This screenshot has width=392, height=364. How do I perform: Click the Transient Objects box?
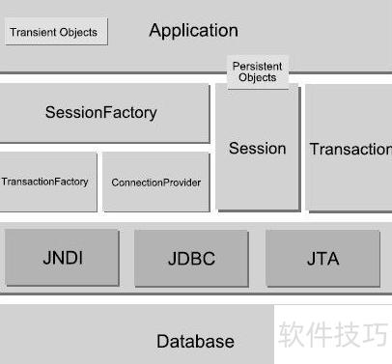coord(56,32)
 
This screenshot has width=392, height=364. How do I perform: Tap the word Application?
coord(194,31)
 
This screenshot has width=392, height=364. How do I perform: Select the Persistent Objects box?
coord(258,72)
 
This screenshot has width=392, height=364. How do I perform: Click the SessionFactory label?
coord(101,112)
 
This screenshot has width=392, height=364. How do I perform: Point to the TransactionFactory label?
coord(44,182)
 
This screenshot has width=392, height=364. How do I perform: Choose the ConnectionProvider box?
coord(156,182)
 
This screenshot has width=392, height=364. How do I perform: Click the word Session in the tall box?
coord(258,149)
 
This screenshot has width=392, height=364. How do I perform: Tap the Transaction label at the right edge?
coord(350,149)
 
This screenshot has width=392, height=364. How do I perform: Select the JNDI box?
coord(62,258)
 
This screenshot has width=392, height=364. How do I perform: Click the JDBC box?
coord(191,258)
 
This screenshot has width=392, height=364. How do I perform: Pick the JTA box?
coord(322,258)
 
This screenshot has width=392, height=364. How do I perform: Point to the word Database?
coord(195,341)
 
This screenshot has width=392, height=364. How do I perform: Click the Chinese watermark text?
coord(333,334)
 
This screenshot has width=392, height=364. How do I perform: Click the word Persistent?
coord(258,67)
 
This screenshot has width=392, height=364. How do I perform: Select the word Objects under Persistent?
coord(258,77)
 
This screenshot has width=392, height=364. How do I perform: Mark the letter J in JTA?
coord(311,259)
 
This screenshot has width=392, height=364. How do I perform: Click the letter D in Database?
coord(162,341)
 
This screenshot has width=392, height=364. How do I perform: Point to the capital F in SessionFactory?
coord(107,112)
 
